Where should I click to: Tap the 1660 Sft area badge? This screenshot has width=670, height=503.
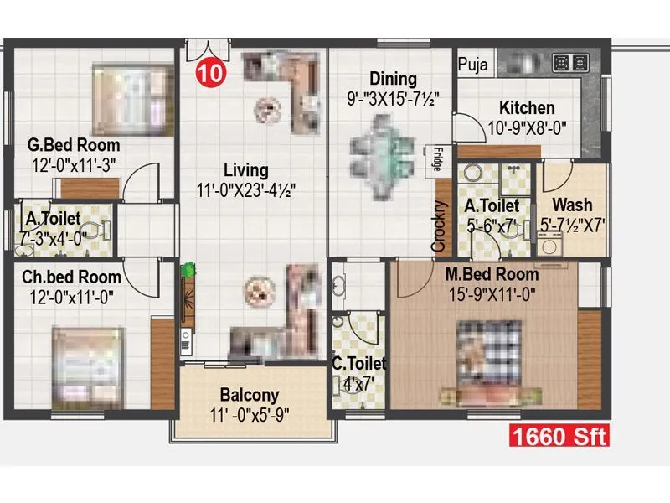tap(558, 436)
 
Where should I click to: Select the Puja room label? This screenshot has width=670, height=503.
tap(474, 64)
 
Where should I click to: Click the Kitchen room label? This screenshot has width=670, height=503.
tap(527, 108)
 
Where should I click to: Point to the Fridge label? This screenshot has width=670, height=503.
tap(438, 159)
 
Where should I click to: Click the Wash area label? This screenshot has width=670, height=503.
tap(572, 205)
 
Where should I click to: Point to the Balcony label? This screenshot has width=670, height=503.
tap(250, 394)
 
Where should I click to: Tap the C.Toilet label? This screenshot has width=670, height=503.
tap(358, 363)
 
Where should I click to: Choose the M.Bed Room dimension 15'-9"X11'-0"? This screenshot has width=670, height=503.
tap(492, 293)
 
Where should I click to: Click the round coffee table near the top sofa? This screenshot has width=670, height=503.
tap(267, 107)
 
